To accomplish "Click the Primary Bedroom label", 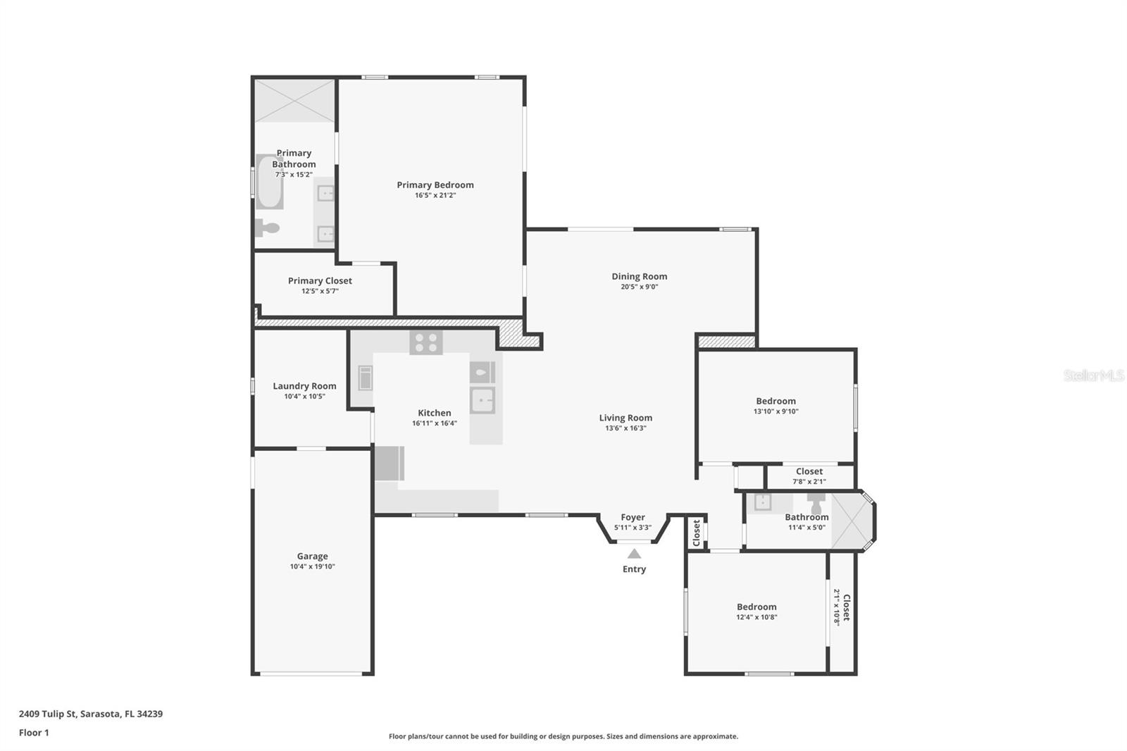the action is coord(435,185).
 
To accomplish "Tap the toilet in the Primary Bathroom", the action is coord(267,228).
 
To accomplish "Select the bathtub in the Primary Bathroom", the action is coord(269,181).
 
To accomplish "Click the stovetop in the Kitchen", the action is coord(425,342).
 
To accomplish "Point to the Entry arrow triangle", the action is coord(634,554).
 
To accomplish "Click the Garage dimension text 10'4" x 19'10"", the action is coord(313,566).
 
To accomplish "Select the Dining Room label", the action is coord(640,276).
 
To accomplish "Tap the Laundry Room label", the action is coord(304,386).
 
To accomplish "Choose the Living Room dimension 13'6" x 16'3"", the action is coord(626,428).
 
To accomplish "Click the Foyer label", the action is coord(633,517).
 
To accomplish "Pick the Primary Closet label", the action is coord(320,281).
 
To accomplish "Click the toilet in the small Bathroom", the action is coord(816,502).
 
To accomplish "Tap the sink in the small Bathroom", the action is coord(763,502).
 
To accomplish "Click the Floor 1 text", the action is coord(35,733).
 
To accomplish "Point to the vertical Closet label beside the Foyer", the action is coord(697,533).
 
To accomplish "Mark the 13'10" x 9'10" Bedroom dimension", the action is coord(776,411).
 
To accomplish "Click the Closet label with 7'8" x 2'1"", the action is coord(809,471).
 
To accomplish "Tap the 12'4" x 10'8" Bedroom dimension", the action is coord(756,617).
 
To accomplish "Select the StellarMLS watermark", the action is coord(1094,375).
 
